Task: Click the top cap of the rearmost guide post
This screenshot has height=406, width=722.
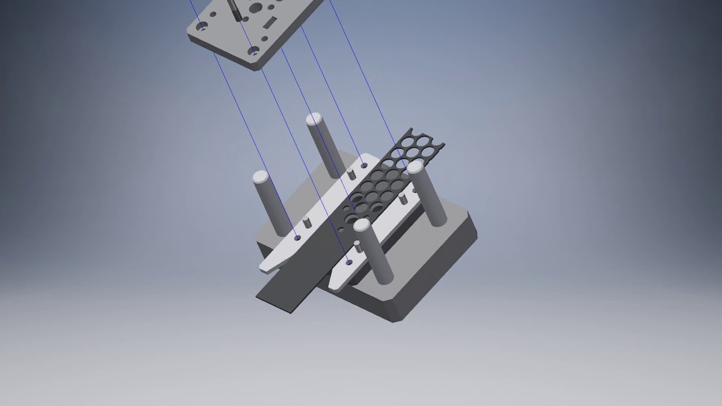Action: pyautogui.click(x=314, y=119)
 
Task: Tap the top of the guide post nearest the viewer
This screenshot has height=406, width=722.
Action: pyautogui.click(x=362, y=226)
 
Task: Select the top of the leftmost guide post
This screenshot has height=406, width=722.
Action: pyautogui.click(x=261, y=176)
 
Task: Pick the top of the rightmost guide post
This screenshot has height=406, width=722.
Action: pyautogui.click(x=415, y=166)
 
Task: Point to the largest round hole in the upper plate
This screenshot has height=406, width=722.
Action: pyautogui.click(x=256, y=8)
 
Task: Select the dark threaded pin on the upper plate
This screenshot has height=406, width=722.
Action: pyautogui.click(x=234, y=10)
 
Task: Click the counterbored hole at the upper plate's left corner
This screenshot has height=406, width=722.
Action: pyautogui.click(x=201, y=26)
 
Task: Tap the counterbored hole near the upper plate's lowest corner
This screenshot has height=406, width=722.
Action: pyautogui.click(x=254, y=52)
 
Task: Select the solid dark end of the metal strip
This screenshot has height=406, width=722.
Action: pyautogui.click(x=282, y=293)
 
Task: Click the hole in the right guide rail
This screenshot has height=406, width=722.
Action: pyautogui.click(x=349, y=262)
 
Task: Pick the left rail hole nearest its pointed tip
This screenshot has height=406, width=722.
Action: pyautogui.click(x=298, y=238)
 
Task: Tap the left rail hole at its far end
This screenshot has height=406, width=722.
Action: pyautogui.click(x=364, y=166)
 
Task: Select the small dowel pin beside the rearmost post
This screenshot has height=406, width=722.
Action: pyautogui.click(x=351, y=174)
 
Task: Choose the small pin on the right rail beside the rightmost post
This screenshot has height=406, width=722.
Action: pyautogui.click(x=403, y=198)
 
